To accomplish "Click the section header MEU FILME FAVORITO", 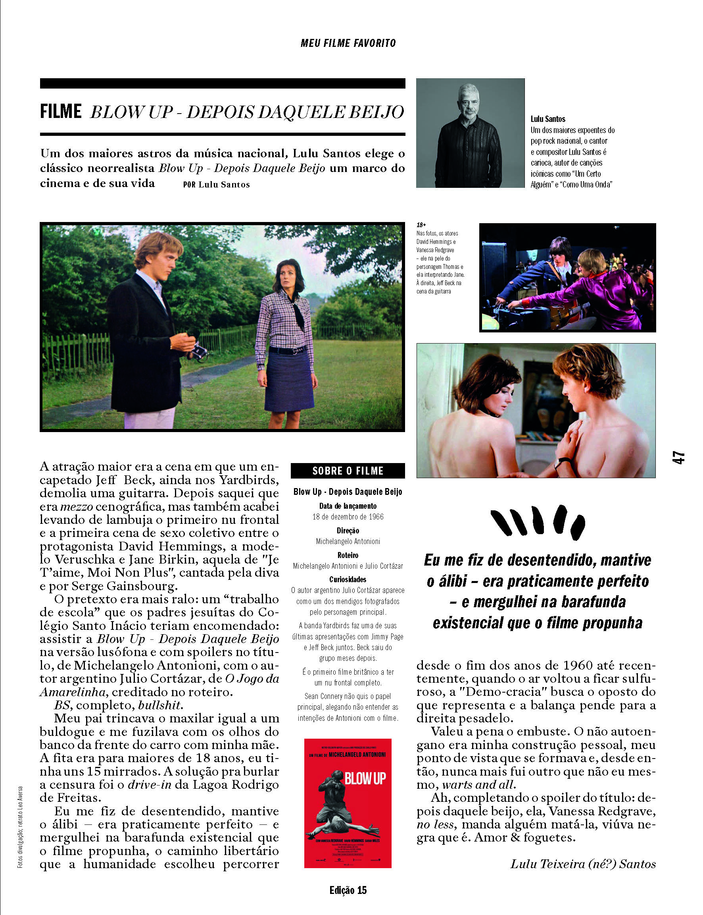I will click(348, 43).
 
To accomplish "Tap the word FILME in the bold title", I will click(61, 112).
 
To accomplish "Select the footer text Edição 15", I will click(348, 890).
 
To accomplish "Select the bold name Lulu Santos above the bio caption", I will click(548, 119).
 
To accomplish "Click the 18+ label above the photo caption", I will click(421, 225).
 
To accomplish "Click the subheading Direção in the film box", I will click(348, 531).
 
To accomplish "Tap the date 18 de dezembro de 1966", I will click(348, 517).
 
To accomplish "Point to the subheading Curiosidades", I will click(348, 579).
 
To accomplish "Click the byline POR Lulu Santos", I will click(216, 185).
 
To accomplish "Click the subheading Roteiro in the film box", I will click(348, 555).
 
